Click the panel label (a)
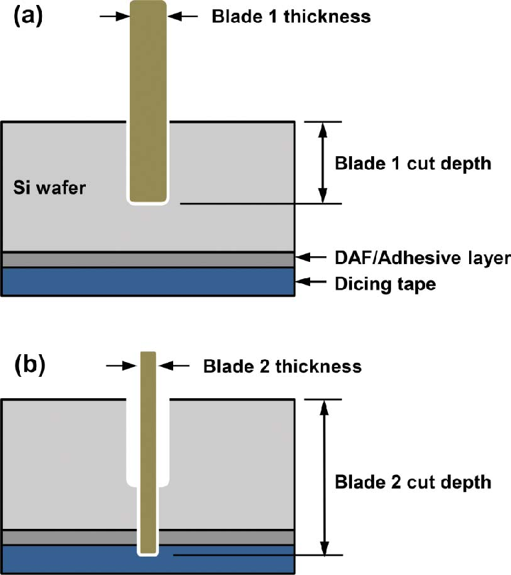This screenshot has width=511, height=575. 29,16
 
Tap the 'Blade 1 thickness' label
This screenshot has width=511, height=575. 291,16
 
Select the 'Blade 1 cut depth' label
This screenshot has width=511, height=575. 412,163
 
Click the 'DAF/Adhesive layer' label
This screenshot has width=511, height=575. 422,258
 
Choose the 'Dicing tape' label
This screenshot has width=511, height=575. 385,284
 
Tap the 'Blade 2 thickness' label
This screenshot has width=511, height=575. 282,366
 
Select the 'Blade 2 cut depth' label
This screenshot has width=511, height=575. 412,482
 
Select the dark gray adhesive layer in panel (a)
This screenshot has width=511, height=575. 71,260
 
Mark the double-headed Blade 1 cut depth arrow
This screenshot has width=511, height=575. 323,163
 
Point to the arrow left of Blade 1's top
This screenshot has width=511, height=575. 114,16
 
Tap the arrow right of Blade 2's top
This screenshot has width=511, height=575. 175,366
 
